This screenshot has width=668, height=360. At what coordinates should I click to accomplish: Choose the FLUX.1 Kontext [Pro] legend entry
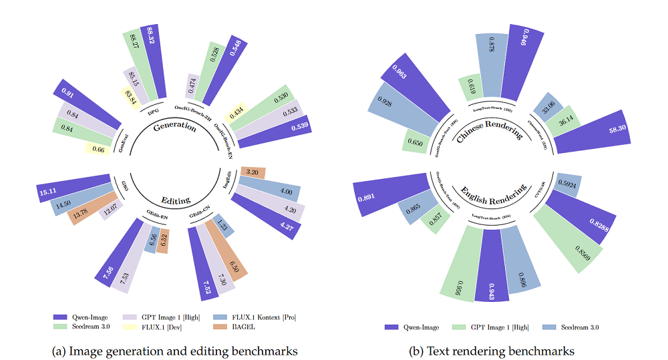[251, 316]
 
